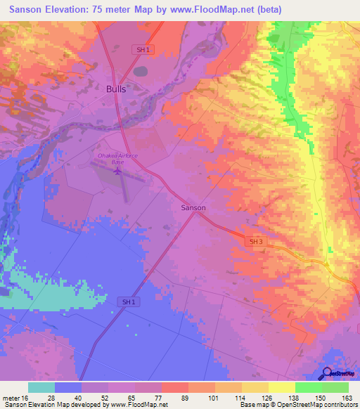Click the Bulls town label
117,89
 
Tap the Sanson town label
193,208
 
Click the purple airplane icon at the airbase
117,170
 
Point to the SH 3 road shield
257,241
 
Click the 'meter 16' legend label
15,397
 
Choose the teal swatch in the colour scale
41,387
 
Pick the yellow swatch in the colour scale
282,387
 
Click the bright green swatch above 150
309,387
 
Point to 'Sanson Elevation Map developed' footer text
49,405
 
